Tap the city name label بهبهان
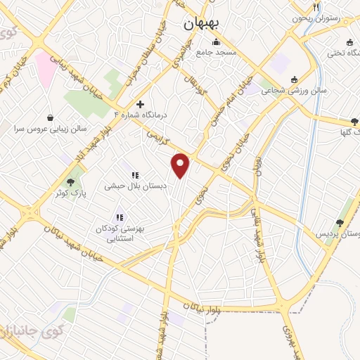(x=201, y=23)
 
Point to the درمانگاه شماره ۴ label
(x=144, y=114)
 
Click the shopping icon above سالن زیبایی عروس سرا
(x=50, y=117)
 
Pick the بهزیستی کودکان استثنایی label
(x=118, y=233)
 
